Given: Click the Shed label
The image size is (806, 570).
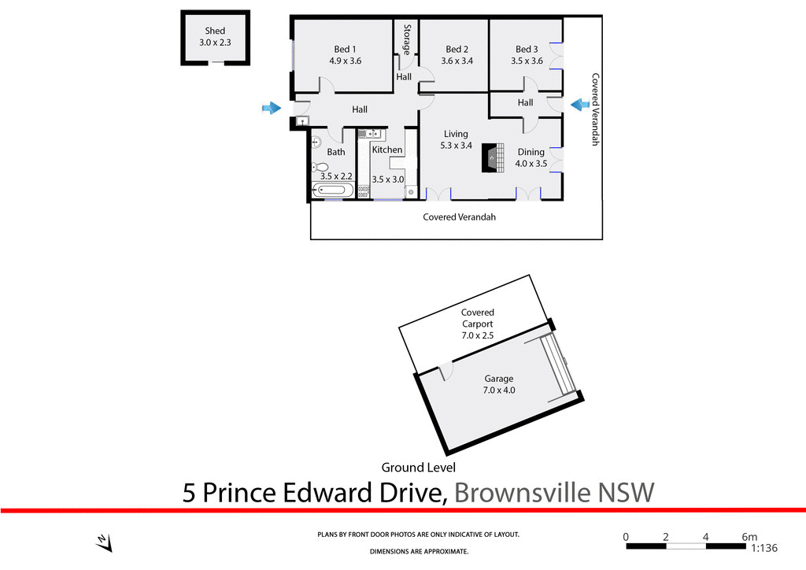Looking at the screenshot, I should (215, 31).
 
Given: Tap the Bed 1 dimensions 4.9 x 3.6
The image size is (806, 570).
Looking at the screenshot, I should (345, 61).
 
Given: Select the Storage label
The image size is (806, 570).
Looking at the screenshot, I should (407, 39).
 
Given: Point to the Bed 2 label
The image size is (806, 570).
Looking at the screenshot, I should (457, 50).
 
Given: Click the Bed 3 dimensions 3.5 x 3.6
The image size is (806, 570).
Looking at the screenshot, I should (527, 61).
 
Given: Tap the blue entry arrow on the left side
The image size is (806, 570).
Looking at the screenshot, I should (271, 108).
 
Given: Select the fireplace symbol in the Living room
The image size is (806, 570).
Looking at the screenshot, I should (494, 157).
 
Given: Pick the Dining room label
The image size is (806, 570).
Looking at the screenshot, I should (531, 153).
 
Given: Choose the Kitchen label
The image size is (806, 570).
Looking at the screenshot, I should (387, 150).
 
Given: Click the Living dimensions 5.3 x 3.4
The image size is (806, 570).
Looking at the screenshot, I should (456, 145).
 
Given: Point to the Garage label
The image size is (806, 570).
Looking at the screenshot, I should (499, 379).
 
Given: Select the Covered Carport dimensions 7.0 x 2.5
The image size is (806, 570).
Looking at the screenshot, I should (477, 335).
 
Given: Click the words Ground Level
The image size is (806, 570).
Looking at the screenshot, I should (419, 468).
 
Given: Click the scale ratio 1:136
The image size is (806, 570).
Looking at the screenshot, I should (764, 549).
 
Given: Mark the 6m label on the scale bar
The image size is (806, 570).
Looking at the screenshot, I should (749, 536).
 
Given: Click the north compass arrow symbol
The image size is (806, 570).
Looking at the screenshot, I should (104, 542).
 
